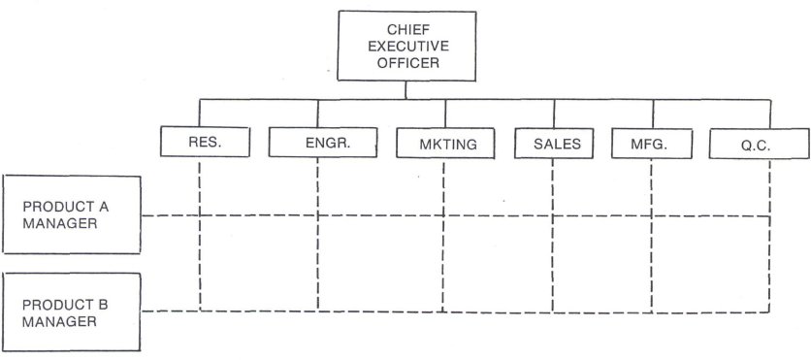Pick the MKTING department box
(x=443, y=144)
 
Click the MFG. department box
(x=650, y=144)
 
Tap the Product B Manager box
(x=73, y=313)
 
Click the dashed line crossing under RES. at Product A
(x=200, y=215)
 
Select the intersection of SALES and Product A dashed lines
(x=553, y=215)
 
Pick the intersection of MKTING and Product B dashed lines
(x=443, y=311)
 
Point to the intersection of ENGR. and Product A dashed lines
(x=318, y=215)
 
